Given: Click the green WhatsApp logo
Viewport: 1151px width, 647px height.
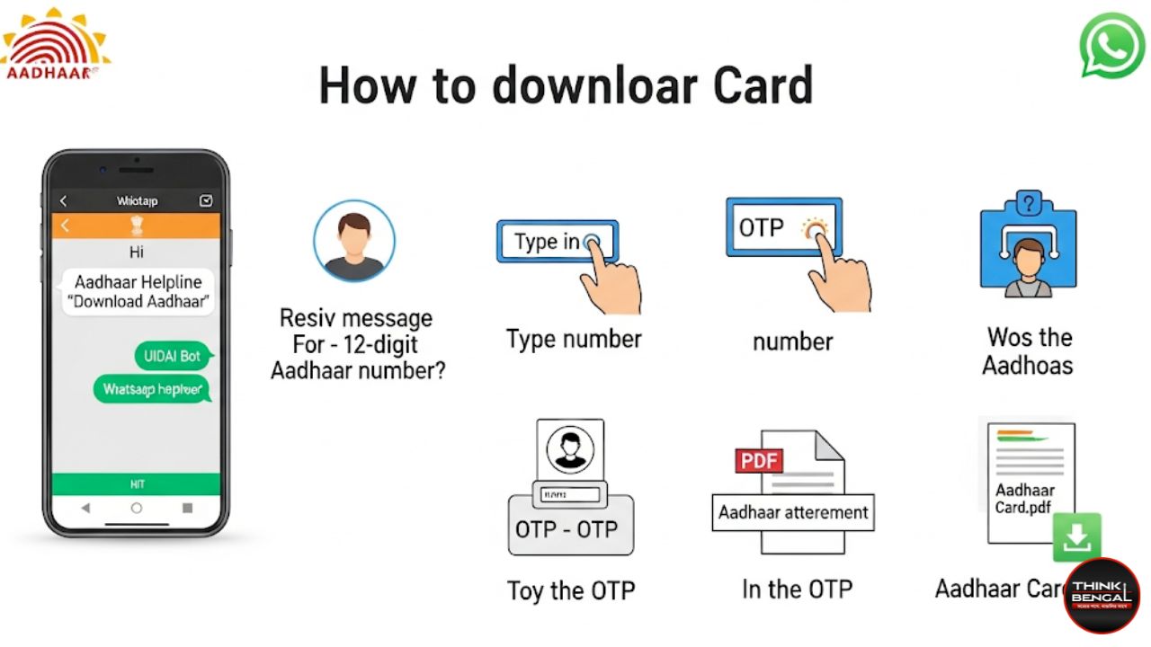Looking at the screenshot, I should pyautogui.click(x=1112, y=45).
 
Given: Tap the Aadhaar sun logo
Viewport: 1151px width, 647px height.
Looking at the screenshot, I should pyautogui.click(x=54, y=43).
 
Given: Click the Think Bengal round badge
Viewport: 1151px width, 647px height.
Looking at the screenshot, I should pyautogui.click(x=1102, y=595).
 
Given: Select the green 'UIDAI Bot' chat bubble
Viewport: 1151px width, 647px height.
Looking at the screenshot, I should pyautogui.click(x=172, y=356).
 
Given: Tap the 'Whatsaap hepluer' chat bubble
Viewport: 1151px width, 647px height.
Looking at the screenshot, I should pyautogui.click(x=152, y=389).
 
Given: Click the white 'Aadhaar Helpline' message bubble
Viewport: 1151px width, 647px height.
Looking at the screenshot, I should pyautogui.click(x=138, y=292).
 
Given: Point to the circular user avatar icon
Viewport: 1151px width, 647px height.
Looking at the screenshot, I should pyautogui.click(x=354, y=240).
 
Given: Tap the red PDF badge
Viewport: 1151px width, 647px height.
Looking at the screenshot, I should pyautogui.click(x=759, y=460).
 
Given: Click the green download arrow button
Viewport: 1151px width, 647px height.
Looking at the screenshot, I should pyautogui.click(x=1076, y=537).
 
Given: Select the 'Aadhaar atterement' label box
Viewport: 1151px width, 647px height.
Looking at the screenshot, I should pyautogui.click(x=792, y=512).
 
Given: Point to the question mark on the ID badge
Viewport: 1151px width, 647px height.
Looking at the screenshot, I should pyautogui.click(x=1028, y=202).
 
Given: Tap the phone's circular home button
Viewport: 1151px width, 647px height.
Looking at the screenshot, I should pyautogui.click(x=137, y=508).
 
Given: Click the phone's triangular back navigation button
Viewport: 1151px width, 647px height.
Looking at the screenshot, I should pyautogui.click(x=85, y=508).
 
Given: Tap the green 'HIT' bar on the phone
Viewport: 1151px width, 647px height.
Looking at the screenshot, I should pyautogui.click(x=137, y=484).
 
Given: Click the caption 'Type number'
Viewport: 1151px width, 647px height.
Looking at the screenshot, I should pyautogui.click(x=574, y=340).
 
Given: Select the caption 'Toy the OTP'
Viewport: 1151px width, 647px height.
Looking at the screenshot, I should pyautogui.click(x=571, y=590).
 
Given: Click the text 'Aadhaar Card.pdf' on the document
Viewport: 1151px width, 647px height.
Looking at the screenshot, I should pyautogui.click(x=1025, y=499).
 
